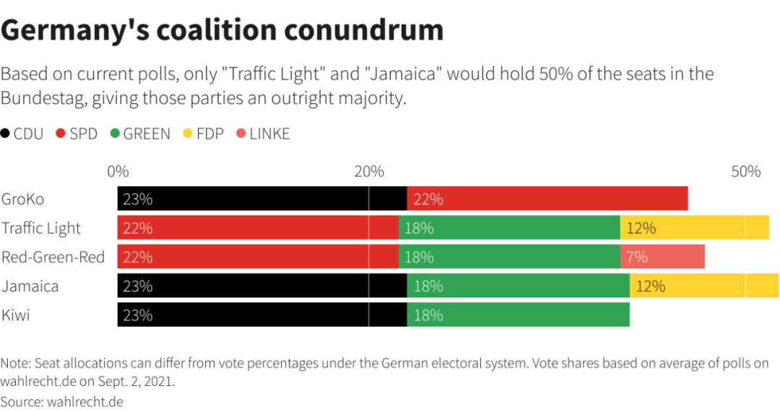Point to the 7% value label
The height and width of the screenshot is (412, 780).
(x=637, y=257)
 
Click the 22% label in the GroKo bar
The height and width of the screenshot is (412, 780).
(x=428, y=199)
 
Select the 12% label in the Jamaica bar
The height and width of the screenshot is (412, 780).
(x=650, y=286)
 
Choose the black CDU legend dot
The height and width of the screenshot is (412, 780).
(x=6, y=133)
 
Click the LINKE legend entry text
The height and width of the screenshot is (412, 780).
(x=269, y=133)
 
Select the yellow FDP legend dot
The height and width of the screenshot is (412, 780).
(x=187, y=133)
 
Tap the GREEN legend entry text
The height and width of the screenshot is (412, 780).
(x=147, y=133)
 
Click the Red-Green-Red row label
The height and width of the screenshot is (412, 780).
(x=53, y=257)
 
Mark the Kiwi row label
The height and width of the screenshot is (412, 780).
(x=16, y=315)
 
